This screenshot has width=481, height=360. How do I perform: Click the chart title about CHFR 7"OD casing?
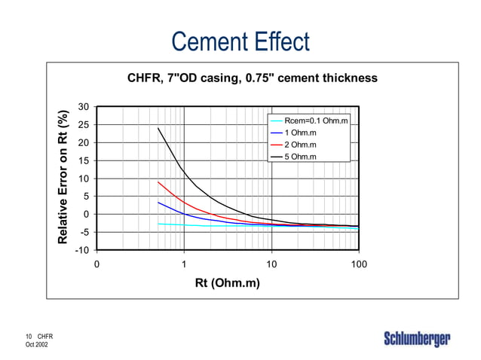(x=252, y=78)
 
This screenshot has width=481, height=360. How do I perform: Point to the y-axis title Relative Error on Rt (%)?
(x=65, y=178)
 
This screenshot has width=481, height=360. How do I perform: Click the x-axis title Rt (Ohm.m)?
(x=227, y=283)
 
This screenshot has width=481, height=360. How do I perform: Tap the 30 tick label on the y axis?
(x=84, y=107)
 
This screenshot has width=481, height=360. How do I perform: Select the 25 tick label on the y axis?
(x=84, y=125)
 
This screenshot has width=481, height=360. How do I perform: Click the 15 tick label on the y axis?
(x=84, y=160)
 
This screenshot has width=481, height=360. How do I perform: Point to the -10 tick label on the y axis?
(x=82, y=250)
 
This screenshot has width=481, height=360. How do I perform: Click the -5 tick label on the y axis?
(x=84, y=232)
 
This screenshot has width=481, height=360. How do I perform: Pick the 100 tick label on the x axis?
(x=359, y=264)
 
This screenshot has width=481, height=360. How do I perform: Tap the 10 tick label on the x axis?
(x=271, y=264)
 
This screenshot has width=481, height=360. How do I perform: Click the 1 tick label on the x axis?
(x=184, y=264)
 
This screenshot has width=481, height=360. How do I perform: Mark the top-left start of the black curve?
(x=158, y=128)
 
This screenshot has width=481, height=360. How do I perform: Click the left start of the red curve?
(x=158, y=182)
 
